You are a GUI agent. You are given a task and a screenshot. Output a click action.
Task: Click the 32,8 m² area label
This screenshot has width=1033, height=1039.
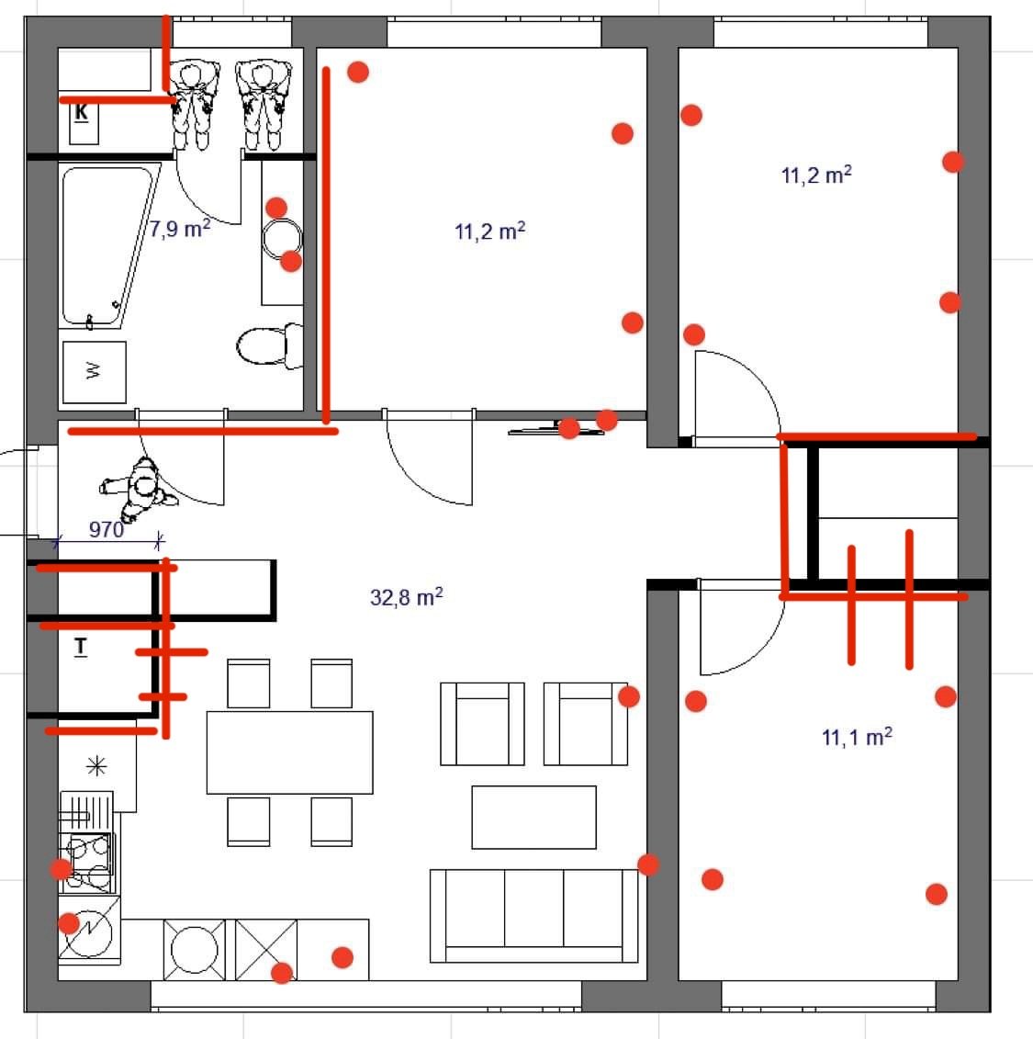pyautogui.click(x=406, y=597)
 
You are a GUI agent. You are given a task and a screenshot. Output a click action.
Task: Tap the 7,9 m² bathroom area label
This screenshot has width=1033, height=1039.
pyautogui.click(x=179, y=229)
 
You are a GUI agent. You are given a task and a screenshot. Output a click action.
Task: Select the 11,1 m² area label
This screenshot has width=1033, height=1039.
pyautogui.click(x=857, y=737)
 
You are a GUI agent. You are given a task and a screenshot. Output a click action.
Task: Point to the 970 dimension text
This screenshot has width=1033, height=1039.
pyautogui.click(x=106, y=529)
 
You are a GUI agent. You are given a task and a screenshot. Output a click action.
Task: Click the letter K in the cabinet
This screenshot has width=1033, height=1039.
pyautogui.click(x=81, y=112)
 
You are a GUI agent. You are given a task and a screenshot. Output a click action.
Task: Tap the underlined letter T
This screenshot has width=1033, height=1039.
pyautogui.click(x=80, y=646)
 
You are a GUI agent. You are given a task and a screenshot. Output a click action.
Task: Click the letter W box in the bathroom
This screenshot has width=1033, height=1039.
pyautogui.click(x=94, y=372)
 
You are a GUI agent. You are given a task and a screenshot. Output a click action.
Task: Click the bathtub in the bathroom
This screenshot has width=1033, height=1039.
pyautogui.click(x=110, y=246)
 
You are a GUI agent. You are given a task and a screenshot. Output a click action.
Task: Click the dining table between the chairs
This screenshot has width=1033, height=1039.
pyautogui.click(x=289, y=752)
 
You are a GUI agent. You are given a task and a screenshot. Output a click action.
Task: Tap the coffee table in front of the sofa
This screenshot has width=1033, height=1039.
pyautogui.click(x=533, y=817)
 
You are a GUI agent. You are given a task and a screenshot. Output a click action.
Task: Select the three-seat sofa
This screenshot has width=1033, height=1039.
pyautogui.click(x=533, y=916)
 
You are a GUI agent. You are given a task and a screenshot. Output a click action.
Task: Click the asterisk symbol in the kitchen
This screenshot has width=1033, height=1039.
pyautogui.click(x=96, y=766)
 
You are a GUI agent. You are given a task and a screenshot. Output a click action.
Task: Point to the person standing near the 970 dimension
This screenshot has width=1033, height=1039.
pyautogui.click(x=139, y=489)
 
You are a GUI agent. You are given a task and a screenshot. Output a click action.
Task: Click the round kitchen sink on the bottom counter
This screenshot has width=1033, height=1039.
pyautogui.click(x=194, y=950)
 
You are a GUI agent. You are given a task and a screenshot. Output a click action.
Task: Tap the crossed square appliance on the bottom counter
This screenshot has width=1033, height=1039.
pyautogui.click(x=266, y=950)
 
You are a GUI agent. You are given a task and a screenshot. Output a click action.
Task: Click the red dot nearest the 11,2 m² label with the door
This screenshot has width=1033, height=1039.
pyautogui.click(x=953, y=162)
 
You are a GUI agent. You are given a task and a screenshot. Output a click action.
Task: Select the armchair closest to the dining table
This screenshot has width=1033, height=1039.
pyautogui.click(x=482, y=724)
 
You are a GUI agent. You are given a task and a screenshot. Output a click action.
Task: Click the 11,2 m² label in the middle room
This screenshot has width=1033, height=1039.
pyautogui.click(x=490, y=232)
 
